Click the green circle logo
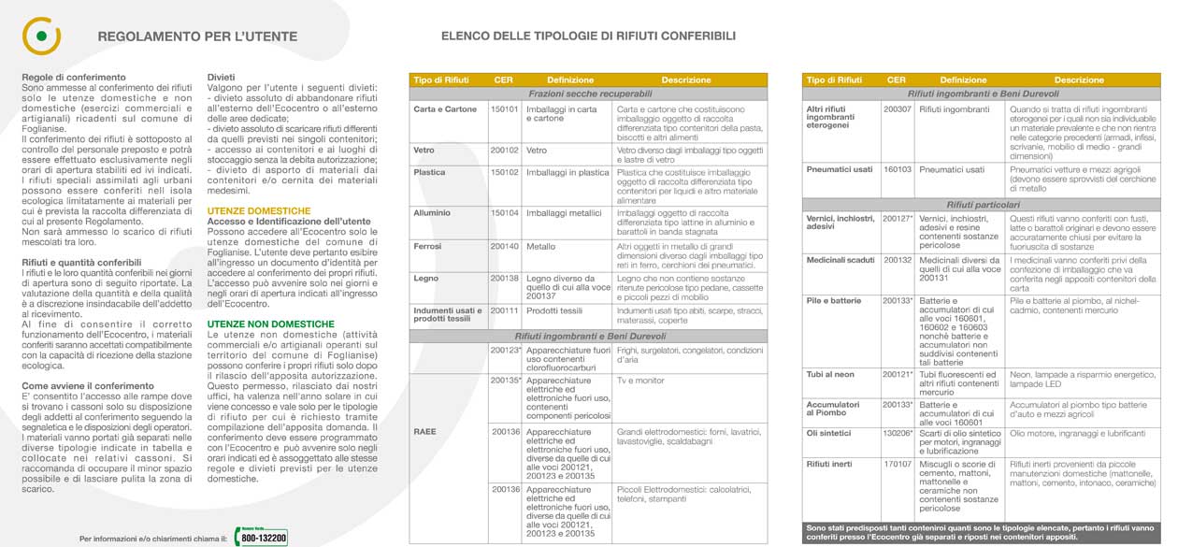(x=40, y=36)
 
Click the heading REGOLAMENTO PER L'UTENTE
(x=197, y=37)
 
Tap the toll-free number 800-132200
(x=263, y=538)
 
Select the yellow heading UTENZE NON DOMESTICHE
(x=270, y=324)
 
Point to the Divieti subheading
(x=221, y=77)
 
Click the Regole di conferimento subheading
(x=73, y=77)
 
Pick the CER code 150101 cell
(x=504, y=109)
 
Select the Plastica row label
(x=429, y=172)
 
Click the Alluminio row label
(x=431, y=213)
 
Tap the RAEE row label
(x=425, y=432)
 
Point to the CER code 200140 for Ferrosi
(x=504, y=246)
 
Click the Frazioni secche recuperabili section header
(x=589, y=94)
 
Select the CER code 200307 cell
(x=897, y=109)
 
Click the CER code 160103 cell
(x=897, y=169)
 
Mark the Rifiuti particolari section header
(x=983, y=204)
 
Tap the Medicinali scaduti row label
(x=840, y=259)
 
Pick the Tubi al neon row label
(x=830, y=375)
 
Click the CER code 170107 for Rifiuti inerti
(x=897, y=464)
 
